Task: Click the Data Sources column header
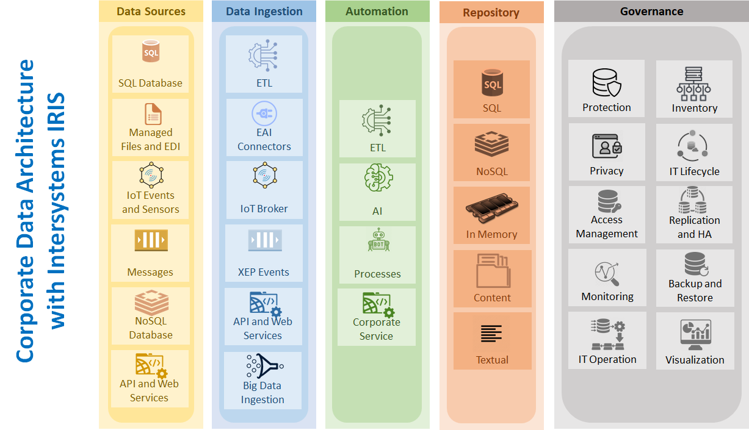coord(151,11)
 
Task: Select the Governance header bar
coord(651,11)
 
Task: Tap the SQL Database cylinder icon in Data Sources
coord(151,52)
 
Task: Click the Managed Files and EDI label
coord(151,140)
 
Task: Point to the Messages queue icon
coord(151,240)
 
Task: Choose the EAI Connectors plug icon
coord(264,113)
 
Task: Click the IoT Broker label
coord(264,209)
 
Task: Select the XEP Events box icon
coord(264,240)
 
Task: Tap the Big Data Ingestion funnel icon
coord(262,365)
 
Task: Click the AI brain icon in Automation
coord(377,179)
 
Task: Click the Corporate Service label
coord(377,329)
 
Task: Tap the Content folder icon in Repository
coord(492,270)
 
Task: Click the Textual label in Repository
coord(492,360)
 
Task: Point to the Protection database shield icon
coord(606,84)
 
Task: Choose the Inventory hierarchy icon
coord(694,84)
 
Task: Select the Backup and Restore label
coord(695,291)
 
